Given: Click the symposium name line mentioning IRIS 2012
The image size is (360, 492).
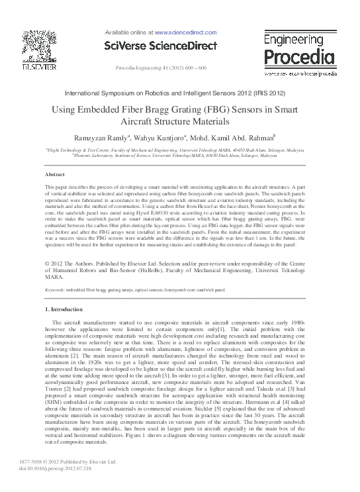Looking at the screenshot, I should click(x=180, y=95).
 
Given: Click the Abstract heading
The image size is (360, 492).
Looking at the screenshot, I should click(x=54, y=174).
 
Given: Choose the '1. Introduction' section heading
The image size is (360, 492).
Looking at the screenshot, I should click(x=67, y=310).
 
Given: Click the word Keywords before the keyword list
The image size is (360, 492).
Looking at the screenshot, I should click(x=55, y=290).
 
